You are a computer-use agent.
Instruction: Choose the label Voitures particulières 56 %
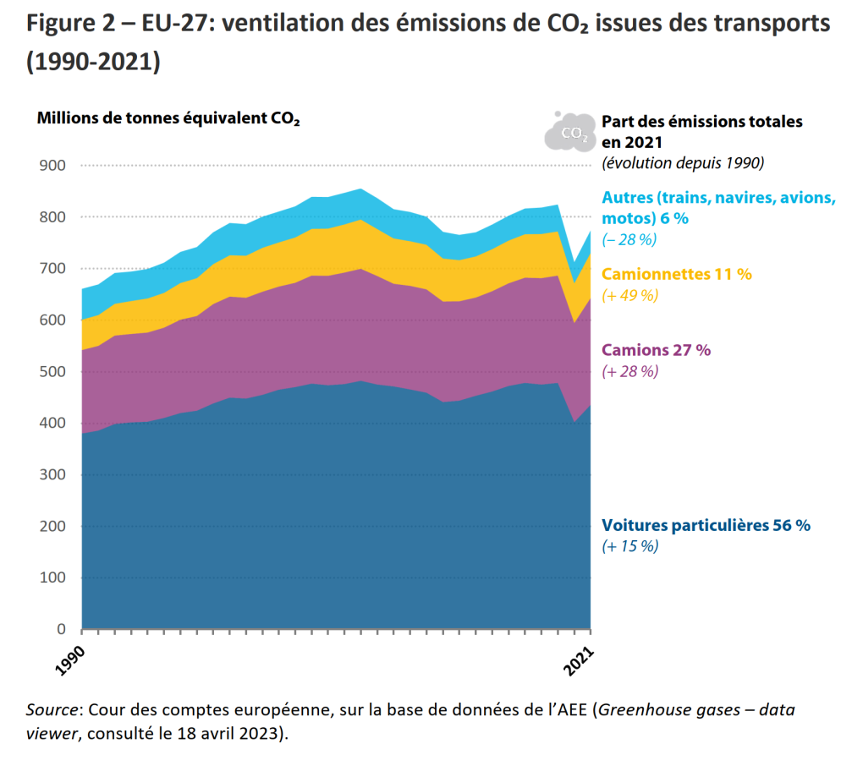click(x=706, y=525)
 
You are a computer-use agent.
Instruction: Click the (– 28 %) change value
click(x=629, y=239)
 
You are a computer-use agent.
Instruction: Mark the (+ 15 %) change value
click(x=629, y=547)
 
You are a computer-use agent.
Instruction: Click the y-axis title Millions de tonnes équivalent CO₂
click(x=168, y=118)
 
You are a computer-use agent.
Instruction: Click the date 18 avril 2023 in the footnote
click(x=235, y=733)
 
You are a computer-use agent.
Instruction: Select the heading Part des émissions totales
click(x=701, y=122)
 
